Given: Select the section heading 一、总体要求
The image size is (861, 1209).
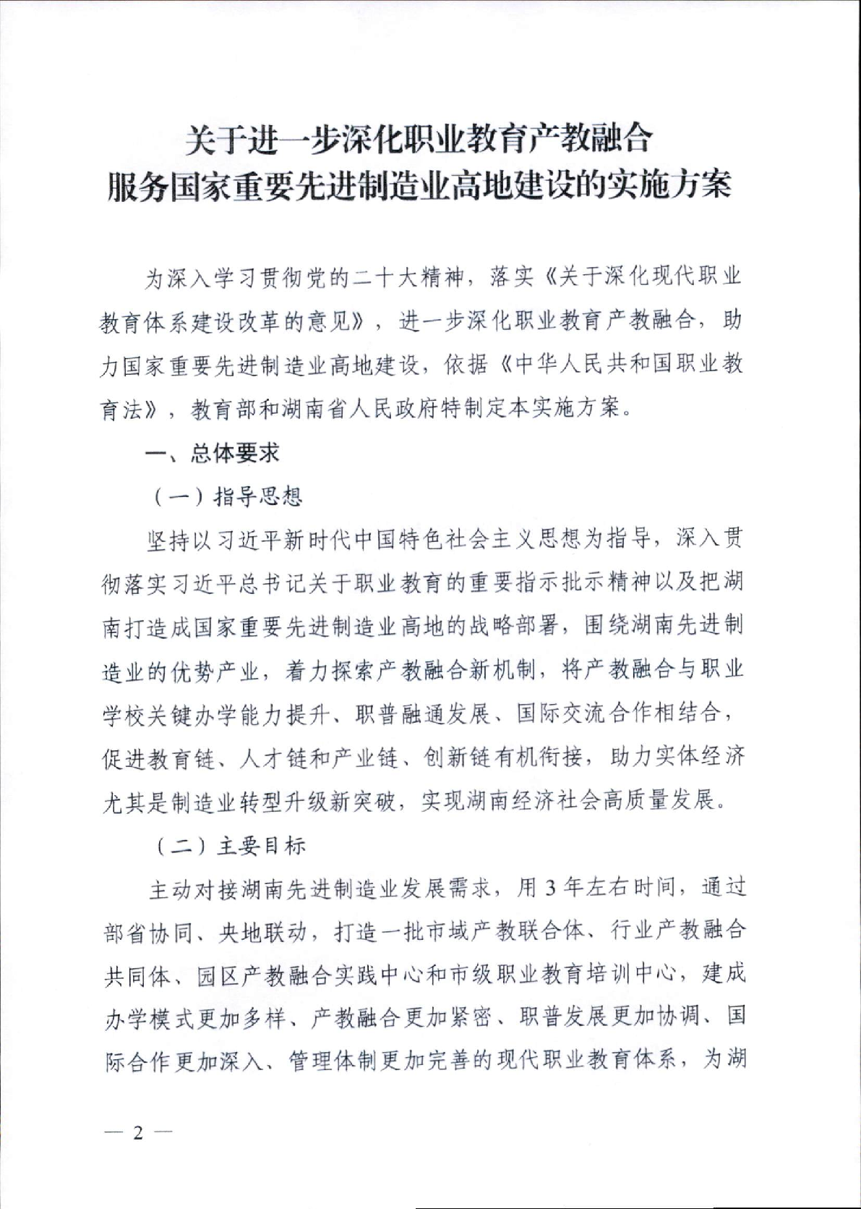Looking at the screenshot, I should click(x=212, y=453).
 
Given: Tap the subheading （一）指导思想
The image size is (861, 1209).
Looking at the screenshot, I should click(x=228, y=496).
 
